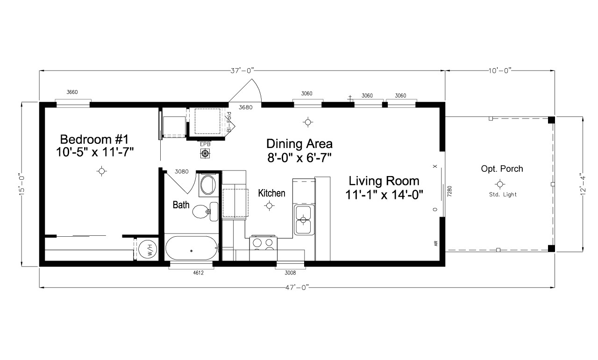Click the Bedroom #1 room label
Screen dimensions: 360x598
tap(98, 145)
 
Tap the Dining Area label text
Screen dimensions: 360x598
tap(299, 150)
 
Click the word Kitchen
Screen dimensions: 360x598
tap(271, 193)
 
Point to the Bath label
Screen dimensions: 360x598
tap(181, 205)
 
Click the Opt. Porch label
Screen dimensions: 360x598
tap(502, 169)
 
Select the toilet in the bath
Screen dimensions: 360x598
tap(204, 212)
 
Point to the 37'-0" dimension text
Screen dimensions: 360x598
tap(242, 70)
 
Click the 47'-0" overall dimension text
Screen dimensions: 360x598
tap(297, 287)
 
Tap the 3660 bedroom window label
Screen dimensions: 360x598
tap(72, 92)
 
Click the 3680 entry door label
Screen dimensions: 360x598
tap(245, 107)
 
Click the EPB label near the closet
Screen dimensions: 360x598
tap(205, 144)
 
